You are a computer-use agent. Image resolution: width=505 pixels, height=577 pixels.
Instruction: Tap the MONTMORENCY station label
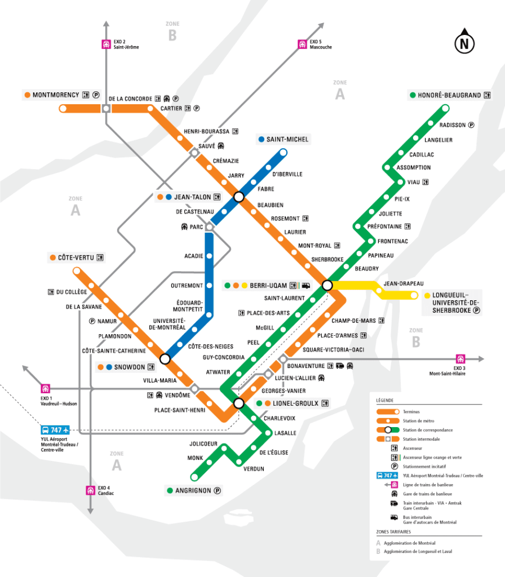pyautogui.click(x=56, y=95)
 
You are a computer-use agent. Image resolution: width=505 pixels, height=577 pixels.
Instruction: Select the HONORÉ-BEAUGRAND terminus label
pyautogui.click(x=450, y=95)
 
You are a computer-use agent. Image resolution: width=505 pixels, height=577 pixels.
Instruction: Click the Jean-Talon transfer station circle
pyautogui.click(x=238, y=197)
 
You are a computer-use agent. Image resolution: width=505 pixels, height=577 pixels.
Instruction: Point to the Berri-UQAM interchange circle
pyautogui.click(x=327, y=285)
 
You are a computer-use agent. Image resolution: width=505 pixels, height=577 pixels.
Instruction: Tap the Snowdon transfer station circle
pyautogui.click(x=165, y=358)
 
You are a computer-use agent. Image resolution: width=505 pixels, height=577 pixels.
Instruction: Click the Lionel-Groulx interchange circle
pyautogui.click(x=238, y=403)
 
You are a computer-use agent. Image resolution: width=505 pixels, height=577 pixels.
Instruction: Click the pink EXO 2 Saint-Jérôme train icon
pyautogui.click(x=105, y=44)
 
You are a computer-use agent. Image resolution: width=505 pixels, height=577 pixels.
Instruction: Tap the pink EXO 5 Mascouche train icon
pyautogui.click(x=302, y=44)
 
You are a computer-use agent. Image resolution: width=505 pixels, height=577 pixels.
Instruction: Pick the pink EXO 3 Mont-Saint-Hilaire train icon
pyautogui.click(x=460, y=359)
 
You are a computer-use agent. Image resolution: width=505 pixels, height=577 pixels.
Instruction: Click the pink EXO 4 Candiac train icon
pyautogui.click(x=90, y=490)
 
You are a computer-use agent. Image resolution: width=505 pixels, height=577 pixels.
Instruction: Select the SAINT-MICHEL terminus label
pyautogui.click(x=287, y=139)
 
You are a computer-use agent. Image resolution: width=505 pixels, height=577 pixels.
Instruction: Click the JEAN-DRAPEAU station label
pyautogui.click(x=403, y=283)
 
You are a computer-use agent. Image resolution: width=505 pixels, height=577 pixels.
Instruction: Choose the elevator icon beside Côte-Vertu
pyautogui.click(x=100, y=258)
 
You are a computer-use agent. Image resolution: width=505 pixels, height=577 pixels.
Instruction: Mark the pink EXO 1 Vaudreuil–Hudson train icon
pyautogui.click(x=46, y=388)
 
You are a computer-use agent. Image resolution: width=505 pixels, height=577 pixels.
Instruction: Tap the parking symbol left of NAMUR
pyautogui.click(x=91, y=322)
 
